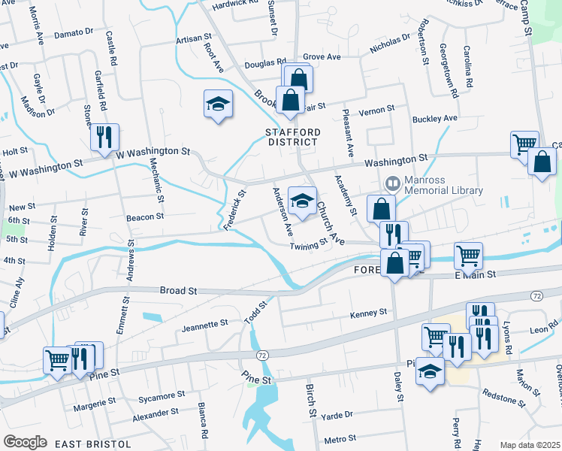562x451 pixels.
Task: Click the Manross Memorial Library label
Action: click(x=443, y=186)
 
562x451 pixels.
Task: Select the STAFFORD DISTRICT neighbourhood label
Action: click(x=293, y=138)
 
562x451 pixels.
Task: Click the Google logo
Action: click(x=24, y=442)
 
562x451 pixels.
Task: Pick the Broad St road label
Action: click(x=177, y=290)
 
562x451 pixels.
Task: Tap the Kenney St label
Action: click(x=368, y=311)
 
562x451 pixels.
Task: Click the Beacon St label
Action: click(x=145, y=216)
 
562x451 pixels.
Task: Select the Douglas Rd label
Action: click(x=270, y=64)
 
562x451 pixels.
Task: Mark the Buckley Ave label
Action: click(x=435, y=119)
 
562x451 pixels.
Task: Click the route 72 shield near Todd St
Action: click(x=261, y=354)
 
